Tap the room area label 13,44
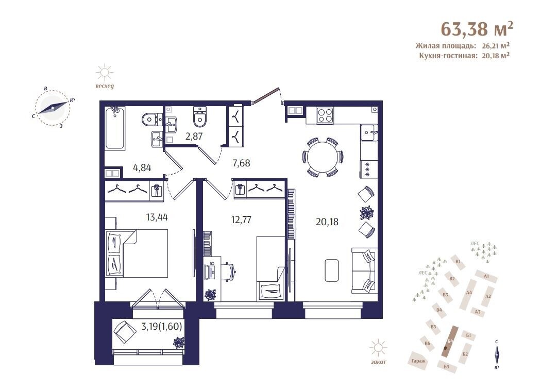pos(157,217)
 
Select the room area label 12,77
pos(241,219)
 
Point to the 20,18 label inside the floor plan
pos(327,222)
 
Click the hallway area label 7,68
pos(241,163)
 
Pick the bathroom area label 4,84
pos(142,168)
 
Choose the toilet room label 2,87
pos(194,137)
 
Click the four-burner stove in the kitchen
pos(325,115)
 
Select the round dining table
pos(323,157)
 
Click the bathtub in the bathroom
pos(114,128)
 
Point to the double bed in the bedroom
pos(137,253)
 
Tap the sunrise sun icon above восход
pos(104,73)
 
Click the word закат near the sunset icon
pos(379,362)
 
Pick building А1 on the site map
pos(486,276)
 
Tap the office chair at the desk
pos(230,272)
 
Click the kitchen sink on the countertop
pos(369,132)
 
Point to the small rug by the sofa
pos(332,271)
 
